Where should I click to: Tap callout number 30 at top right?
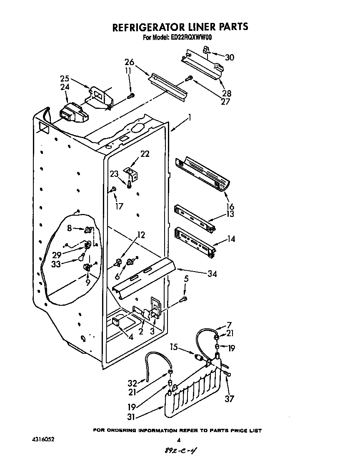click(229, 58)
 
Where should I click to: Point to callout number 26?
click(129, 63)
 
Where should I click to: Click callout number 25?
click(65, 78)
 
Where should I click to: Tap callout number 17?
click(119, 206)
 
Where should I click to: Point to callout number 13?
click(230, 214)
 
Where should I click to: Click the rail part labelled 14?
click(195, 242)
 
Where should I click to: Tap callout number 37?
click(229, 399)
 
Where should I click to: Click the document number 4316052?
click(42, 440)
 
